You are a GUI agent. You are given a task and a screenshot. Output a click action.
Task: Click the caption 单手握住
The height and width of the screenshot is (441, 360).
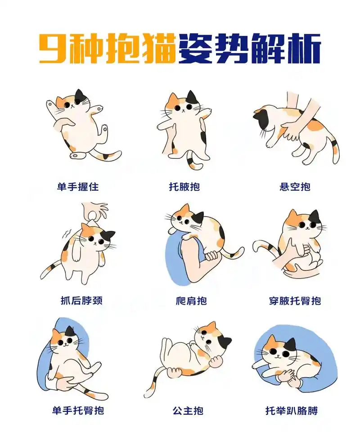[77, 187]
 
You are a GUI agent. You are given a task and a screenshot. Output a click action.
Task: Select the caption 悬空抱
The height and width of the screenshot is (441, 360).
[295, 187]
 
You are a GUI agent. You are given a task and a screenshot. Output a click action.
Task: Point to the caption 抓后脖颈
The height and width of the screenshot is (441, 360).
[81, 300]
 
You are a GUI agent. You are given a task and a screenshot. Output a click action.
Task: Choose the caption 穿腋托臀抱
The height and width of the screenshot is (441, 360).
[295, 300]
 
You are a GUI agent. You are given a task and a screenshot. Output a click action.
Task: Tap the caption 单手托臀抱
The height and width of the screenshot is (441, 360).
[78, 410]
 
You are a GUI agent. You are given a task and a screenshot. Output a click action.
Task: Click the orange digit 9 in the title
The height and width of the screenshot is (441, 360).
[52, 48]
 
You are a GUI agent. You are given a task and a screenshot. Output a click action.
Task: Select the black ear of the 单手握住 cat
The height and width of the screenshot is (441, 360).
[80, 96]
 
